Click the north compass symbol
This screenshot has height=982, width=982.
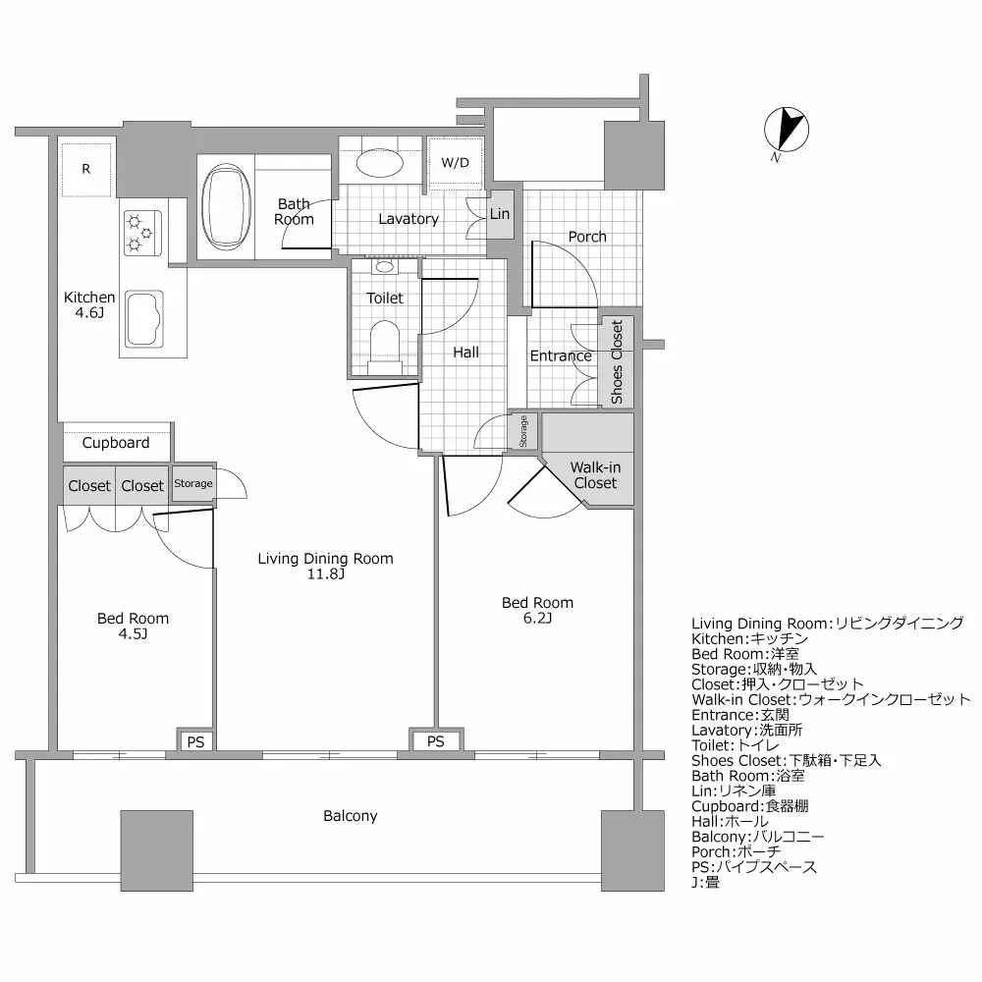(786, 131)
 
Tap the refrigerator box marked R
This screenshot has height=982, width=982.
(86, 169)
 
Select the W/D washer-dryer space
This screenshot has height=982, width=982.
(455, 162)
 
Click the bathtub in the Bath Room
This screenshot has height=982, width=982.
(227, 207)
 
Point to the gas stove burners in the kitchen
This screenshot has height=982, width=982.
(140, 232)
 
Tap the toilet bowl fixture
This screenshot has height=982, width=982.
(385, 343)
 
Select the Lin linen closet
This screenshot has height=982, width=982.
(500, 214)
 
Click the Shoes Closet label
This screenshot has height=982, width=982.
(617, 362)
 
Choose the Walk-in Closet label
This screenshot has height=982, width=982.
(595, 475)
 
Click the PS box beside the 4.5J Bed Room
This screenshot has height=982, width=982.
(196, 741)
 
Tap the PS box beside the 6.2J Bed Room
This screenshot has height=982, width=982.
(436, 741)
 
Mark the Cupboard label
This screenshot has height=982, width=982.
(116, 443)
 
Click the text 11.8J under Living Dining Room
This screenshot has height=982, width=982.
(325, 574)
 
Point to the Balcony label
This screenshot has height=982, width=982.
(351, 816)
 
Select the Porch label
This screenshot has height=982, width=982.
(587, 237)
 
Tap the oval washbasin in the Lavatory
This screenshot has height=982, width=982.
(378, 161)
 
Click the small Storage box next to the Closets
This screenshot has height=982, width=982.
(193, 483)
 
